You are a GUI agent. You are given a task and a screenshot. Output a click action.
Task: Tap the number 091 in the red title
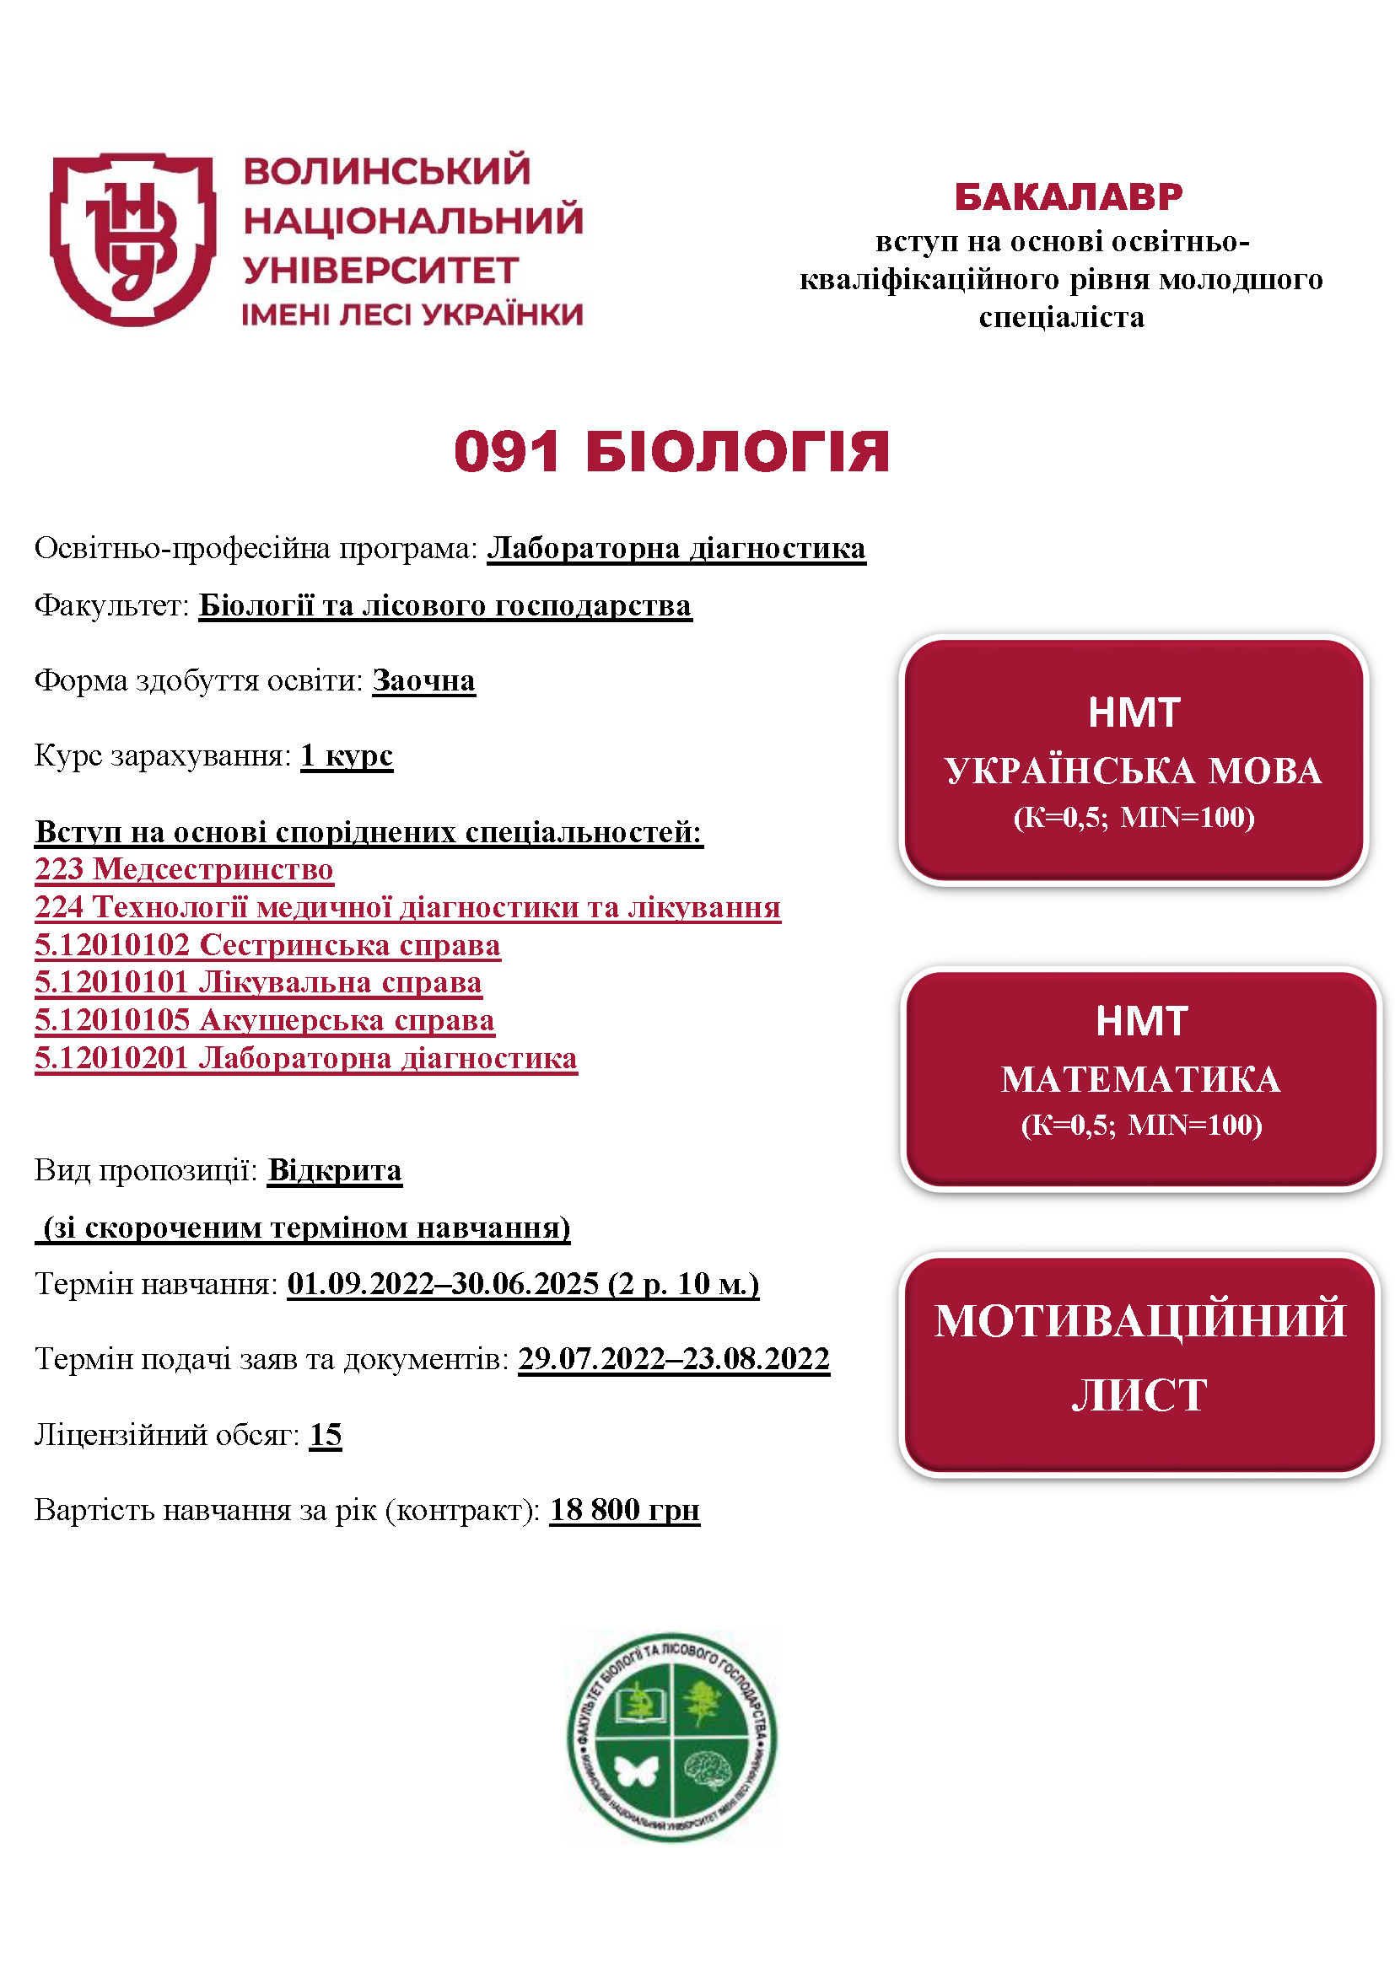click(507, 452)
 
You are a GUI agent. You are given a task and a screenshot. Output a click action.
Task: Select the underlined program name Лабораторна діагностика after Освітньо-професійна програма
click(676, 548)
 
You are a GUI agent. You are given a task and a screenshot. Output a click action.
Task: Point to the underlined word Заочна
click(423, 680)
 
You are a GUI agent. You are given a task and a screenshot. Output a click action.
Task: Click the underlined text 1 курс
click(346, 755)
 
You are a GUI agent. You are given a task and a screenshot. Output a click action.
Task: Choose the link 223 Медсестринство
click(184, 868)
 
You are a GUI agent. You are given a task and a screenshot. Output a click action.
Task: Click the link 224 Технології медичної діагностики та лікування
click(407, 906)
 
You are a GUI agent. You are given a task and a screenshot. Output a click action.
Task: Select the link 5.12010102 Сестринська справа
click(267, 944)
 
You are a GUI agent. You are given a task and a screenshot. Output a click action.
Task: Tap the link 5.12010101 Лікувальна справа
click(258, 981)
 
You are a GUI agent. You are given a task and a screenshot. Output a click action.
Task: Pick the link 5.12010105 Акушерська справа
click(265, 1019)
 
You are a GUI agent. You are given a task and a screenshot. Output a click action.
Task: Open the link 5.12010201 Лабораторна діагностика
click(306, 1057)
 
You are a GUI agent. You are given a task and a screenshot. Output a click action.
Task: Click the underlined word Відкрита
click(334, 1170)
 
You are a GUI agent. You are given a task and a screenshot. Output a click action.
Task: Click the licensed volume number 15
click(326, 1433)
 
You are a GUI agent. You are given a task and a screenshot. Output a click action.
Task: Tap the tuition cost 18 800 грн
click(624, 1509)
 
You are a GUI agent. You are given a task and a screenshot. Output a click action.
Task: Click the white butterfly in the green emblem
click(637, 1771)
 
